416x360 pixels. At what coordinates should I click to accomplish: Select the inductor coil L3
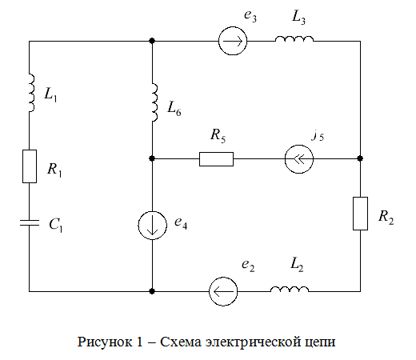tap(294, 39)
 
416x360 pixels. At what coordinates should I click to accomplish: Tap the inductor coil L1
tap(31, 93)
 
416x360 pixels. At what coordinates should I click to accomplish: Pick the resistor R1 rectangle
tap(30, 166)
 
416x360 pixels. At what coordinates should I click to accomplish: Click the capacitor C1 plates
tap(30, 223)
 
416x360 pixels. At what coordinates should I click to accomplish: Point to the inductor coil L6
tap(154, 102)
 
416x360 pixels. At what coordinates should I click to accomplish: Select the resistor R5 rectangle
tap(216, 159)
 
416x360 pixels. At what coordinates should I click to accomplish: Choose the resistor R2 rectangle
tap(360, 214)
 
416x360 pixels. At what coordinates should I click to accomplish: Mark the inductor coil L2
tap(290, 289)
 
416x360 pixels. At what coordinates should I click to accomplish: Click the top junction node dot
tap(152, 41)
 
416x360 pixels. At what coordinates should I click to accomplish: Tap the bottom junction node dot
tap(152, 291)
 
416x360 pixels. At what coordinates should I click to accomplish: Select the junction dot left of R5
tap(152, 158)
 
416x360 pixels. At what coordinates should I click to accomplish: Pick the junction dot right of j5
tap(360, 158)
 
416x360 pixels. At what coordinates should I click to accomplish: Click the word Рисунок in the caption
tap(105, 342)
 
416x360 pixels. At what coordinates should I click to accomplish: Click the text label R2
tap(386, 218)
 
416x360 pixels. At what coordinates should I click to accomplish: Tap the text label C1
tap(56, 225)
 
